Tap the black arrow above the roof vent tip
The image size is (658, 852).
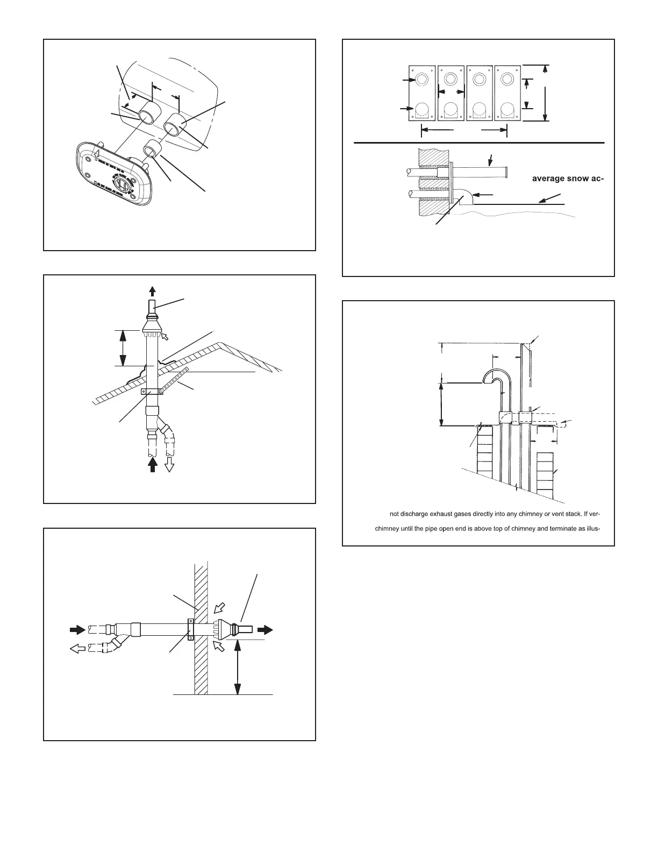[x=152, y=292]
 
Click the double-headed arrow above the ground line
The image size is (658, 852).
[x=238, y=668]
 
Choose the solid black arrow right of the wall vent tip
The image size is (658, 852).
[x=264, y=629]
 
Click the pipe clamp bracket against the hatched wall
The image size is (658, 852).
[x=190, y=629]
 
